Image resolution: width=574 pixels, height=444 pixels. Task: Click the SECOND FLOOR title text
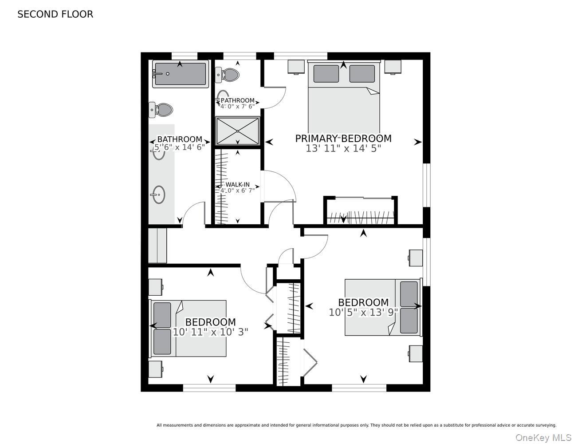pyautogui.click(x=55, y=14)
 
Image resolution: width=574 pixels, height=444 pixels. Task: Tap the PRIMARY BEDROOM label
pyautogui.click(x=343, y=139)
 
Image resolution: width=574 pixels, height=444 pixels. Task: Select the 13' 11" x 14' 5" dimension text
pyautogui.click(x=343, y=149)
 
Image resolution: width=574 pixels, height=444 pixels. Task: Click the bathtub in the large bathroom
pyautogui.click(x=181, y=74)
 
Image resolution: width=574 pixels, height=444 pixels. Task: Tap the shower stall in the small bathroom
pyautogui.click(x=237, y=131)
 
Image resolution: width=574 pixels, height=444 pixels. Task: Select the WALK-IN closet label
pyautogui.click(x=237, y=184)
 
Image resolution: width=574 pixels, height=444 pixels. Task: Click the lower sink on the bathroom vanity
pyautogui.click(x=159, y=195)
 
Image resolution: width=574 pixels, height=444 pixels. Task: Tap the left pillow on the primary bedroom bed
pyautogui.click(x=326, y=74)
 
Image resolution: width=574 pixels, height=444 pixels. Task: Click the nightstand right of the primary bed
pyautogui.click(x=393, y=67)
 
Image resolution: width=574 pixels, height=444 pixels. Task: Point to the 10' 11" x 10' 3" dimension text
pyautogui.click(x=211, y=332)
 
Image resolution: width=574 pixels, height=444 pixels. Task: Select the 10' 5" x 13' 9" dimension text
pyautogui.click(x=363, y=313)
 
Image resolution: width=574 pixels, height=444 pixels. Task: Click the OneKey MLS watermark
pyautogui.click(x=544, y=438)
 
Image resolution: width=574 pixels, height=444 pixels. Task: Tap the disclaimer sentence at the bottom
pyautogui.click(x=357, y=425)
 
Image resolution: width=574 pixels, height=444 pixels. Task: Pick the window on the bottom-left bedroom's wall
pyautogui.click(x=209, y=388)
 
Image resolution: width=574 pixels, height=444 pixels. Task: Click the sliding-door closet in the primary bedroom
pyautogui.click(x=361, y=211)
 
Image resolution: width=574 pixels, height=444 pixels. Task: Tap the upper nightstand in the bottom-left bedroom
pyautogui.click(x=156, y=287)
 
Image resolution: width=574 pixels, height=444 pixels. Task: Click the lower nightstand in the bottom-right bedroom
pyautogui.click(x=416, y=354)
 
